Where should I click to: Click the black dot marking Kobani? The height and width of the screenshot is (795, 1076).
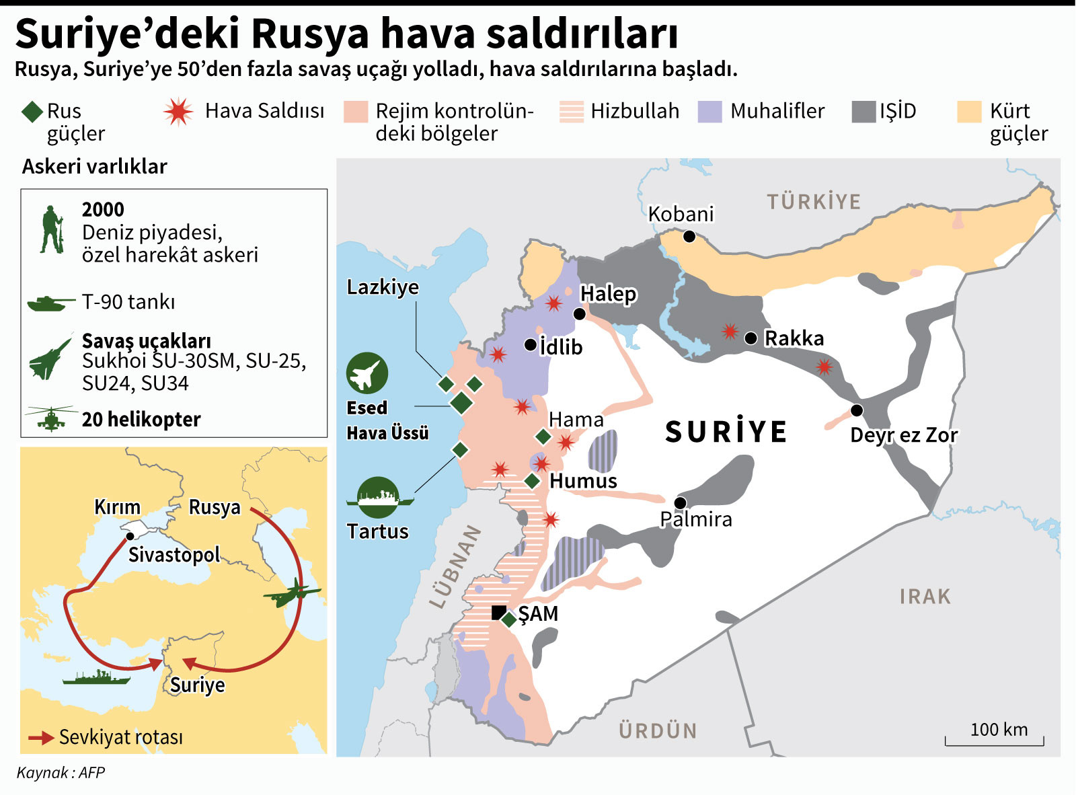pyautogui.click(x=689, y=237)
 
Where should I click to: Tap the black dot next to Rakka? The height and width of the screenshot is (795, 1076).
pyautogui.click(x=751, y=338)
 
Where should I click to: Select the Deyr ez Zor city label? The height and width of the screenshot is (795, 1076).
pyautogui.click(x=903, y=435)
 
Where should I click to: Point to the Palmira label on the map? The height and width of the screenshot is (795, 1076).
pyautogui.click(x=695, y=519)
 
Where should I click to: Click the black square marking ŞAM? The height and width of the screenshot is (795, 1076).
pyautogui.click(x=498, y=612)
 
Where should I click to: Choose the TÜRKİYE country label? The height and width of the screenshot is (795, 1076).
pyautogui.click(x=814, y=202)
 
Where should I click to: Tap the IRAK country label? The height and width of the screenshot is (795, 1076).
pyautogui.click(x=925, y=597)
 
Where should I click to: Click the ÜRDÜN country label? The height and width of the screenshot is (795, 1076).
pyautogui.click(x=658, y=730)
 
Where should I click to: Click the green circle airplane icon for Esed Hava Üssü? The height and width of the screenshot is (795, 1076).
pyautogui.click(x=367, y=373)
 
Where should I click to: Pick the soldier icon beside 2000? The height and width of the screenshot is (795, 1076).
pyautogui.click(x=51, y=229)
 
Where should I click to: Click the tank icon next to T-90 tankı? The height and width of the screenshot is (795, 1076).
pyautogui.click(x=50, y=303)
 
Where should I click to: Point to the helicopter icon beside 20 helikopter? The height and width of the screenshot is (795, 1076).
pyautogui.click(x=50, y=418)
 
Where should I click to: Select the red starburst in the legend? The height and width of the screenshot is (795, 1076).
pyautogui.click(x=178, y=112)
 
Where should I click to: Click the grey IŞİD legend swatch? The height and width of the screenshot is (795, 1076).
pyautogui.click(x=863, y=112)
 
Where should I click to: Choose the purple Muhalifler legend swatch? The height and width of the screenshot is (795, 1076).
pyautogui.click(x=709, y=112)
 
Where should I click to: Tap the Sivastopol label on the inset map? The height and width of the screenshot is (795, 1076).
pyautogui.click(x=174, y=555)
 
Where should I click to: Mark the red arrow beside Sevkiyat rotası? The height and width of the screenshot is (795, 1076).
pyautogui.click(x=41, y=738)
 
